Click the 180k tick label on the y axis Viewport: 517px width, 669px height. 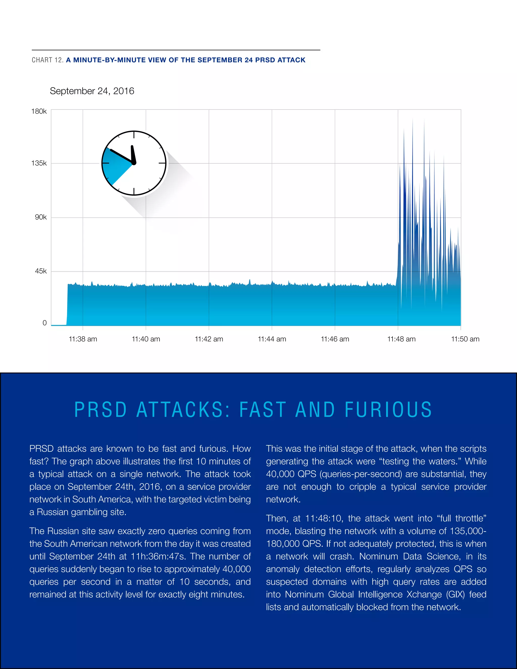click(x=39, y=111)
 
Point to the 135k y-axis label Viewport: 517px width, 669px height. click(x=39, y=163)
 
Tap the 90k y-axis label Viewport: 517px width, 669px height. click(x=41, y=217)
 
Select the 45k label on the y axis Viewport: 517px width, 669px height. click(x=41, y=271)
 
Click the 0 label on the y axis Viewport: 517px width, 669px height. click(x=45, y=323)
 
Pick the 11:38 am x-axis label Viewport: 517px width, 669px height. click(x=83, y=339)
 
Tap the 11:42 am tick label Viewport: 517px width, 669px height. click(x=209, y=339)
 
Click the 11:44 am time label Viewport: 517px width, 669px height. click(x=272, y=339)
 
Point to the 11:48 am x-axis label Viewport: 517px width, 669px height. click(x=401, y=339)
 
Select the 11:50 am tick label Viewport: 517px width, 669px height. click(x=465, y=339)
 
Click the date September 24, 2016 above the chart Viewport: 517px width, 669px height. click(x=92, y=91)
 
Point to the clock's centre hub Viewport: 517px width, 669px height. click(x=134, y=163)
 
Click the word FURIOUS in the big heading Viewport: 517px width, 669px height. click(x=388, y=410)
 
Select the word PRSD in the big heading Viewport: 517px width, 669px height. click(x=100, y=410)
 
